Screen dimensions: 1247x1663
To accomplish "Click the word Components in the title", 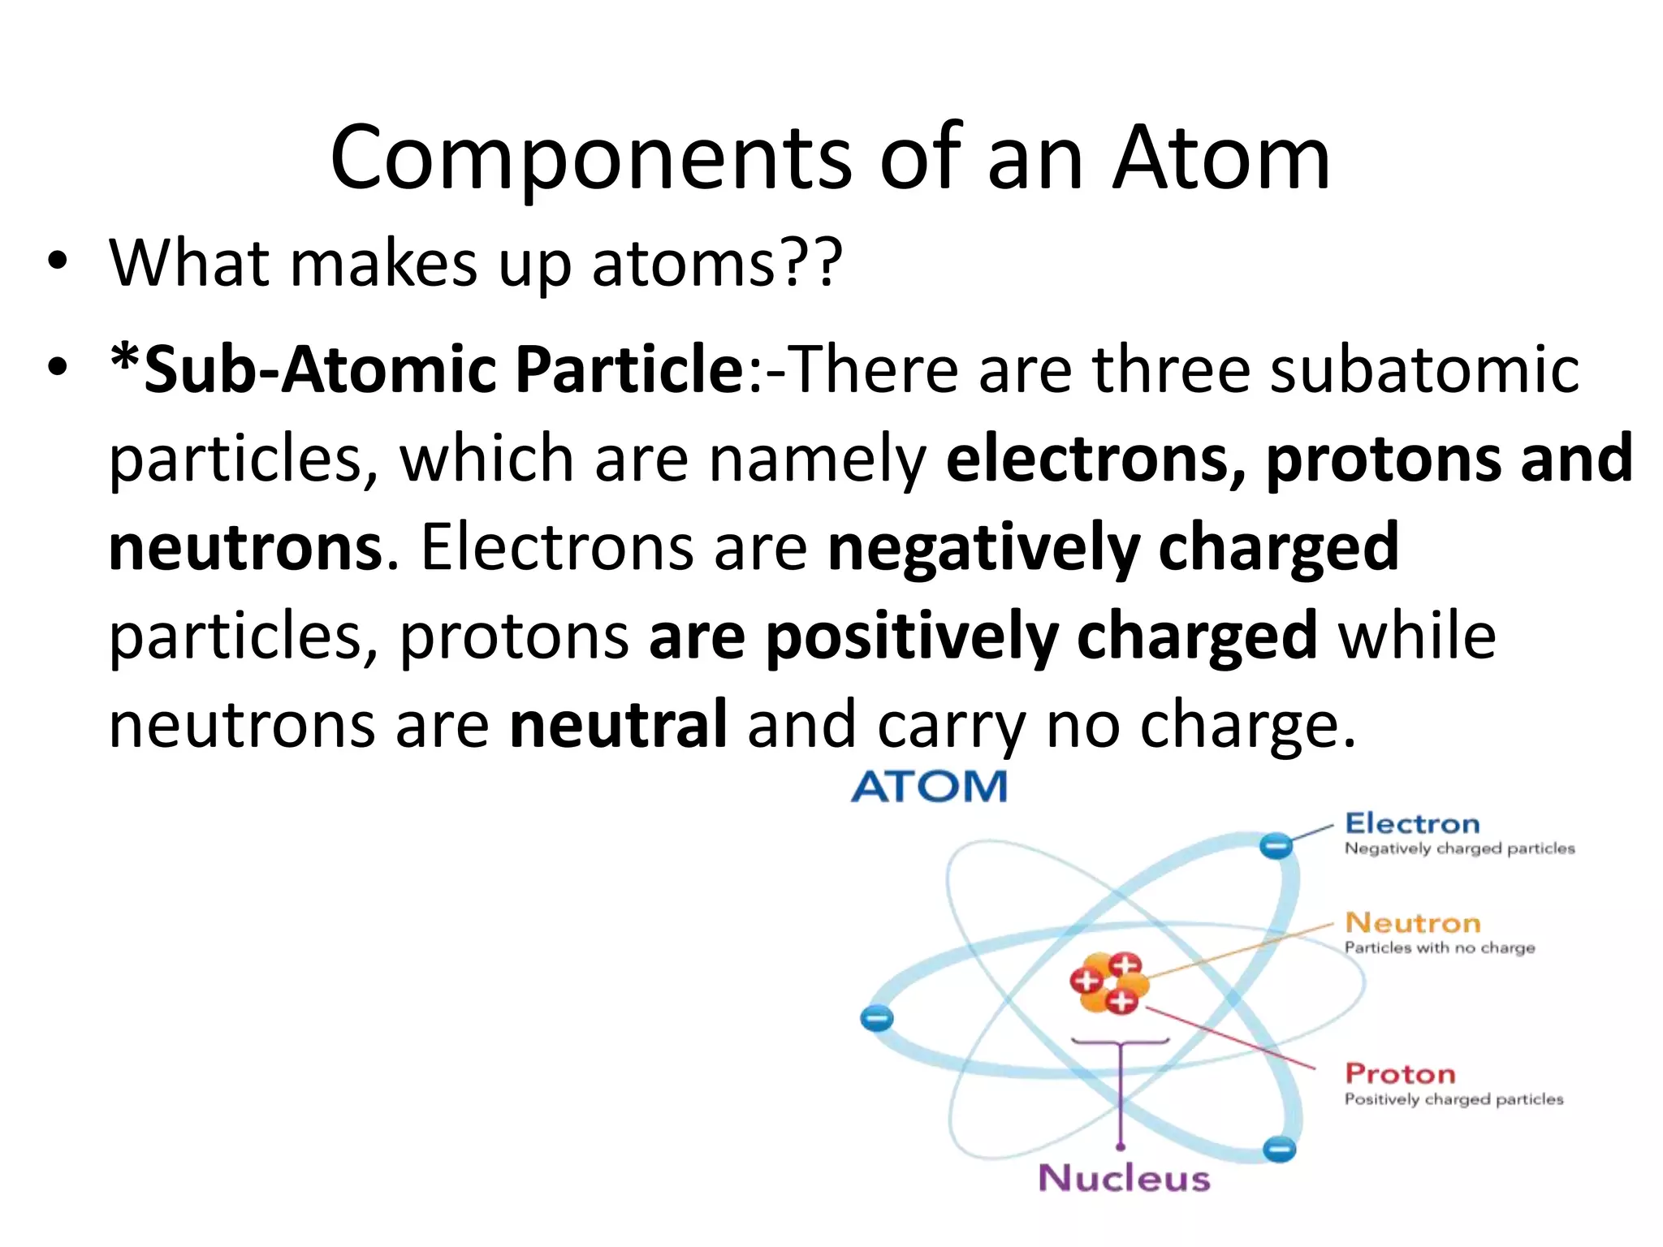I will pos(591,158).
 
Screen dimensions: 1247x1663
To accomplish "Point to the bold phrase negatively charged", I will pos(1113,547).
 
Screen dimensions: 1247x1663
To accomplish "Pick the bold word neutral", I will pos(618,724).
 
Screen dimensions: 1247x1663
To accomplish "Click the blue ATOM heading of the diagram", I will pos(929,787).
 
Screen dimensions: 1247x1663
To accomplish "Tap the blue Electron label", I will pos(1412,823).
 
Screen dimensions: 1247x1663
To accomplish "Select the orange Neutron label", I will pos(1413,923).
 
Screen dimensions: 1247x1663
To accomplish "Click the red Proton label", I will pos(1400,1074).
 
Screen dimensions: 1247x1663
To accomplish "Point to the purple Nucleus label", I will pos(1124,1178).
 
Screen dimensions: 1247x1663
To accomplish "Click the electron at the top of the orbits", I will pos(1276,846).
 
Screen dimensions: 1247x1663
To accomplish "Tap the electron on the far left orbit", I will pos(877,1017).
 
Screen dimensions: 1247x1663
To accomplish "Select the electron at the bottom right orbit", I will pos(1280,1149).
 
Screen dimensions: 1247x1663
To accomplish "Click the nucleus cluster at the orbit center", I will pos(1108,983).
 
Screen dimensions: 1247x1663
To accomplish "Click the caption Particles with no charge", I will pos(1439,947).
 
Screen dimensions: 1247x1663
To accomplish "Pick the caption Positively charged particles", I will pos(1454,1099).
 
